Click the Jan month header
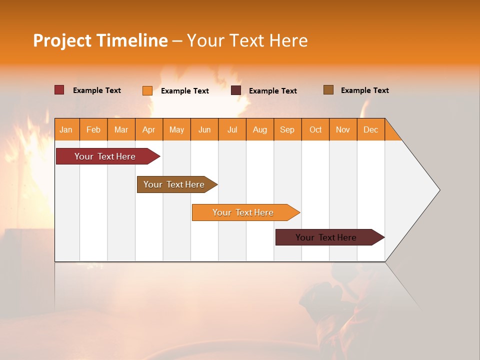[x=66, y=129]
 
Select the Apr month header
[x=149, y=129]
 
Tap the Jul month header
[x=232, y=129]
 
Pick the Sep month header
[x=287, y=129]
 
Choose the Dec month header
[x=370, y=129]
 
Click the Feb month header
[x=93, y=129]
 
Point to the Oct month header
[x=315, y=129]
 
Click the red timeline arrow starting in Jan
[x=105, y=156]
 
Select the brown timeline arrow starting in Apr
[x=174, y=184]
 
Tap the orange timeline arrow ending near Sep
[x=243, y=212]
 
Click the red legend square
[x=59, y=90]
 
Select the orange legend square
[x=147, y=90]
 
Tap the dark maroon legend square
[x=236, y=90]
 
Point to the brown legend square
[x=328, y=90]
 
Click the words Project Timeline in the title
[x=100, y=40]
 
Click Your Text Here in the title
[x=247, y=40]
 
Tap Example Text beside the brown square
[x=364, y=90]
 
